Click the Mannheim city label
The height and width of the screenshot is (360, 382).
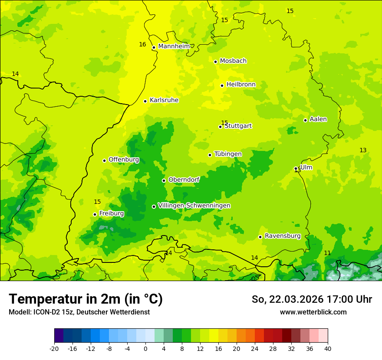[174, 46]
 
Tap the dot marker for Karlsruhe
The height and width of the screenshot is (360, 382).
[145, 101]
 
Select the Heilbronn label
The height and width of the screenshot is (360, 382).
[241, 85]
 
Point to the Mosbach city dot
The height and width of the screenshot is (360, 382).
[215, 62]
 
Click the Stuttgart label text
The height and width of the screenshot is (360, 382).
[238, 126]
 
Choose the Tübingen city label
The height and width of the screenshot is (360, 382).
[228, 154]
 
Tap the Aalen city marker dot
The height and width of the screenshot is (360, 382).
[305, 120]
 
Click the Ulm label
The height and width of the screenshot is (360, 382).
[306, 167]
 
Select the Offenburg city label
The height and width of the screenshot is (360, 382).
[124, 160]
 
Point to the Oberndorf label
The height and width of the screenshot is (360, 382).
[184, 180]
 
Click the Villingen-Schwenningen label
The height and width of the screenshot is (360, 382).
[194, 206]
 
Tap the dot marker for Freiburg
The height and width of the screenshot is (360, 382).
[95, 214]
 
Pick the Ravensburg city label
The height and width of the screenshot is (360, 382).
[283, 236]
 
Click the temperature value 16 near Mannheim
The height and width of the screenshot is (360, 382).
[142, 44]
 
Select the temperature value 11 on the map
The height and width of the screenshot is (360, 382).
[327, 253]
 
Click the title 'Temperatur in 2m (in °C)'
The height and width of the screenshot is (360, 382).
[86, 299]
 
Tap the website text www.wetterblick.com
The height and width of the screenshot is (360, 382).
[313, 312]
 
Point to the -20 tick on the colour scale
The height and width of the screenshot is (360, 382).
[54, 348]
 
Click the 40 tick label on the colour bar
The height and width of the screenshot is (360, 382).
[328, 348]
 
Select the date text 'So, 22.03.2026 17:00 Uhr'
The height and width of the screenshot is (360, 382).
[312, 299]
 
